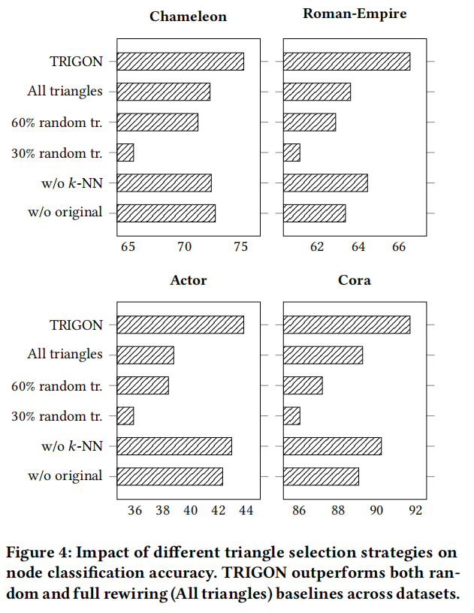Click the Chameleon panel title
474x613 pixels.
tap(188, 17)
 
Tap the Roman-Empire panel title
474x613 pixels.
tap(354, 13)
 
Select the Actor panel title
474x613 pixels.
tap(188, 281)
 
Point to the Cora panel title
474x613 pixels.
tap(354, 281)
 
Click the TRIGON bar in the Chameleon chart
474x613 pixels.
tap(180, 62)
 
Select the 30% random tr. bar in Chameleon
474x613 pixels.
tap(125, 152)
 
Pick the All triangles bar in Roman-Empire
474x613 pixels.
tap(317, 92)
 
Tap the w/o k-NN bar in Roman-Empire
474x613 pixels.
tap(325, 183)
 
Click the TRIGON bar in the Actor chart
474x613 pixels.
tap(180, 325)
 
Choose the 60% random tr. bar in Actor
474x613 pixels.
tap(143, 385)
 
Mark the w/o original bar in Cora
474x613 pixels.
tap(321, 476)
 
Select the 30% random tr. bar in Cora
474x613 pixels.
tap(291, 415)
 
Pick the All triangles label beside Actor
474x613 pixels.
tap(65, 355)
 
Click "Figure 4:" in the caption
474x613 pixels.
tap(38, 554)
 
